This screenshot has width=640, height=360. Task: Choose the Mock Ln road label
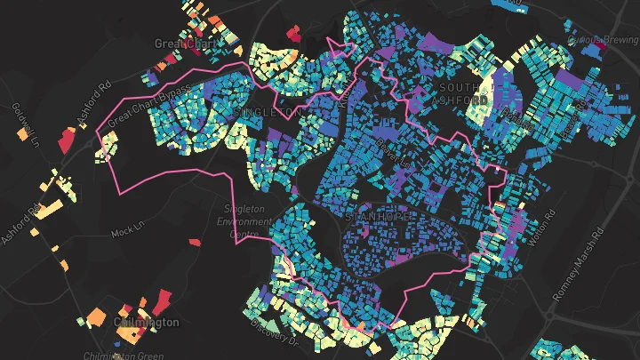coord(126,233)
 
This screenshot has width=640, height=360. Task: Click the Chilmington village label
coord(147,322)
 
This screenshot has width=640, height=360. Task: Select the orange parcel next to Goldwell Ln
coord(21,135)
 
